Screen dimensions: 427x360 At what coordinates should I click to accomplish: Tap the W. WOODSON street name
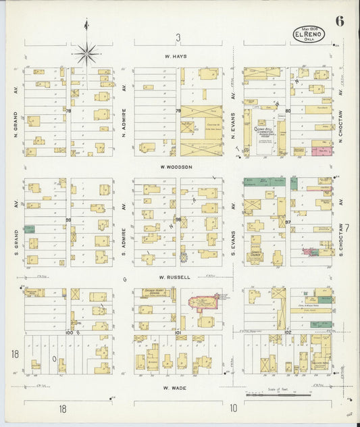pyautogui.click(x=176, y=167)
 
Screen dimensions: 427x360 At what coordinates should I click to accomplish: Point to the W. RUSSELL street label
pyautogui.click(x=176, y=276)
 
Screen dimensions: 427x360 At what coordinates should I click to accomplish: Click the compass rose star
pyautogui.click(x=86, y=52)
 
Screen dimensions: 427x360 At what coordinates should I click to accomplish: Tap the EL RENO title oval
pyautogui.click(x=309, y=34)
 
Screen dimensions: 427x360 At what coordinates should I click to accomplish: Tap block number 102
pyautogui.click(x=287, y=333)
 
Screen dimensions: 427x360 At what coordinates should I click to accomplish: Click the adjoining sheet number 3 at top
pyautogui.click(x=178, y=38)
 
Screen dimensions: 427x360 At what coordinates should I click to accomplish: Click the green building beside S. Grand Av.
pyautogui.click(x=30, y=230)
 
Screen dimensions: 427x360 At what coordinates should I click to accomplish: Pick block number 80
pyautogui.click(x=287, y=110)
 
